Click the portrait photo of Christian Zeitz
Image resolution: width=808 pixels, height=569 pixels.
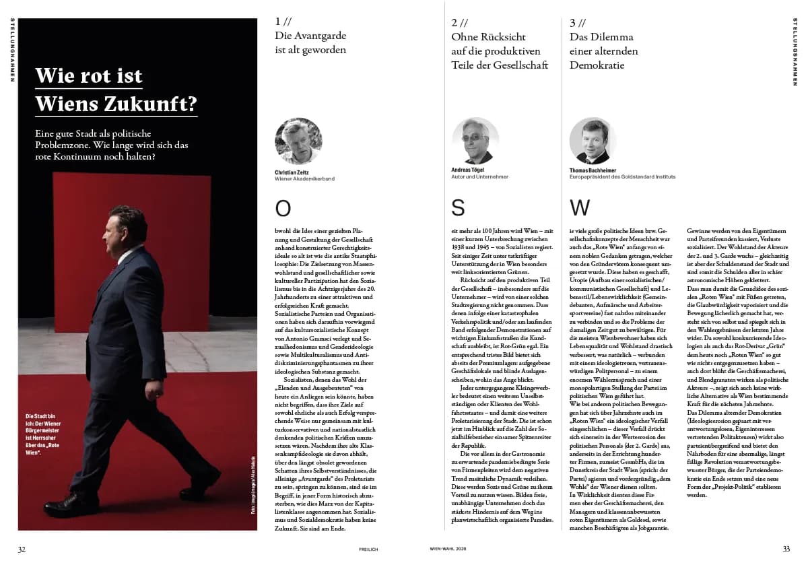coord(298,141)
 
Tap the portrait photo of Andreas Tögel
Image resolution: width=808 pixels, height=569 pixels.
coord(475,141)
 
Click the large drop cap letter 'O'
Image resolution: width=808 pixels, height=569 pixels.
coord(283,209)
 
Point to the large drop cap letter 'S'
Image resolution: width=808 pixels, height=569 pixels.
coord(458,209)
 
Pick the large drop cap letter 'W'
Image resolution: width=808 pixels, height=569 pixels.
coord(580,209)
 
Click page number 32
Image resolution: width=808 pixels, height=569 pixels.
coord(22,549)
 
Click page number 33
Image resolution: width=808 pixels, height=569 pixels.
coord(786,549)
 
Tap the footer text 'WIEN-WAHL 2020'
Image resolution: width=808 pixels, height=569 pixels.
coord(448,549)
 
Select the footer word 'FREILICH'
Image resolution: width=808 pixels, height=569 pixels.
coord(368,549)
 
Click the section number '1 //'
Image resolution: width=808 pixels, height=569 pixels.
coord(283,22)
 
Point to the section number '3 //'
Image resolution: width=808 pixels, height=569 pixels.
coord(578,22)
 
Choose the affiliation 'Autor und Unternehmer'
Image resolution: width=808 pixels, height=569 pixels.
coord(479,177)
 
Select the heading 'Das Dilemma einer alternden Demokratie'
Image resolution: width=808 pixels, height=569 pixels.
coord(603,51)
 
